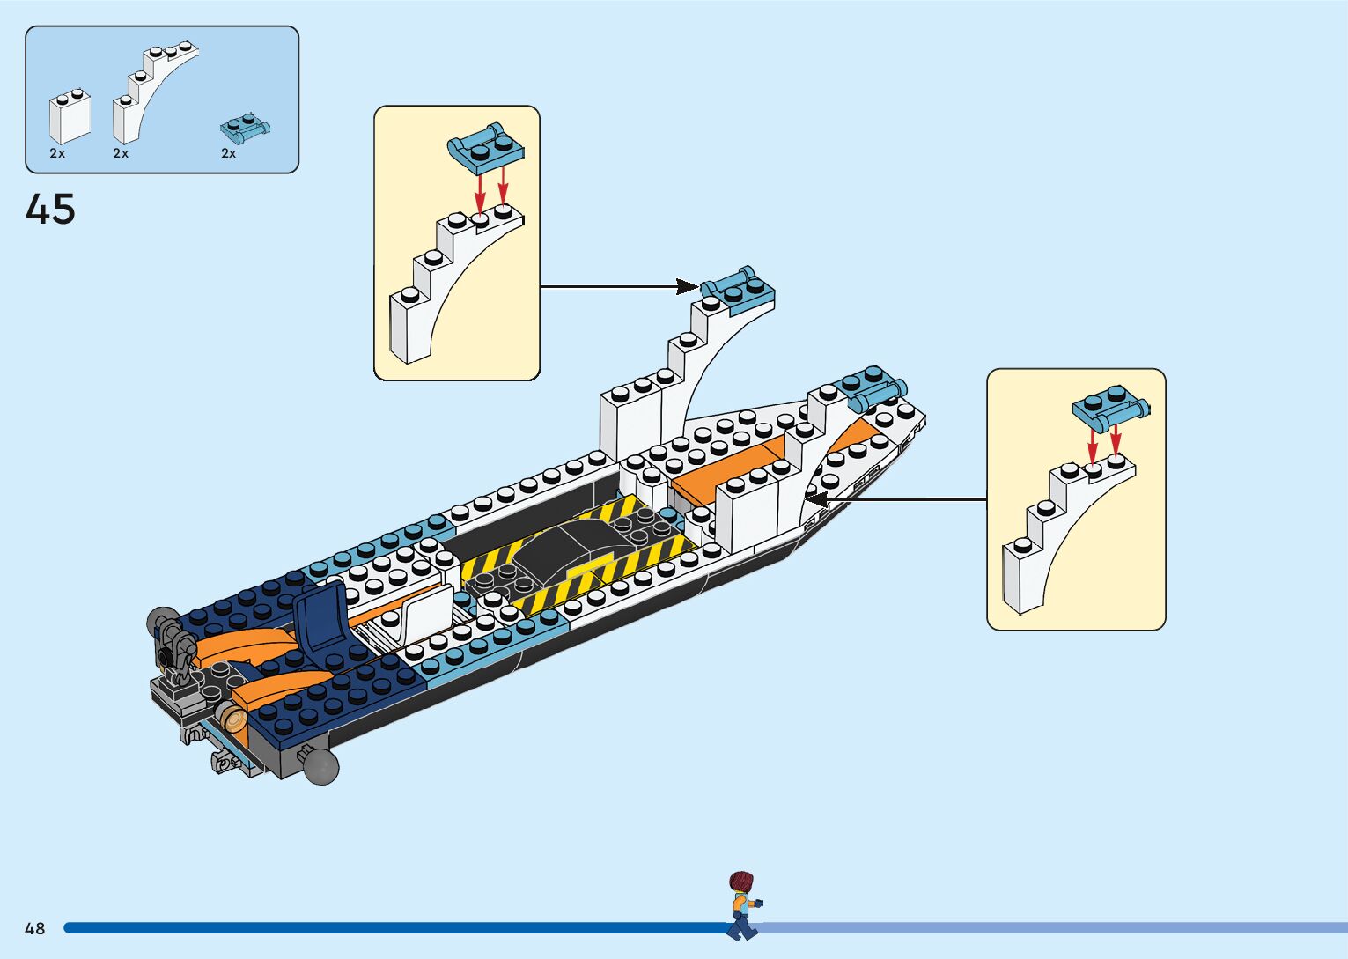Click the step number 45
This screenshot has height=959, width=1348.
click(x=50, y=210)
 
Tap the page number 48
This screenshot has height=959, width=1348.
click(x=34, y=928)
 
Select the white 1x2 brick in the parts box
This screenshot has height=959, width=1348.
click(x=70, y=116)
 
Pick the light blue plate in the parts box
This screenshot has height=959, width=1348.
click(x=244, y=129)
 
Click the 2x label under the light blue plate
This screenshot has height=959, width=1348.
click(x=228, y=153)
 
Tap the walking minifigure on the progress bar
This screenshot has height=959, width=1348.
click(x=742, y=905)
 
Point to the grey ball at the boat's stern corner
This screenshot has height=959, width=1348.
click(x=321, y=767)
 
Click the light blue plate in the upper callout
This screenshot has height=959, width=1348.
click(x=486, y=149)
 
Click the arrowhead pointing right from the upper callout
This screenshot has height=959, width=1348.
click(x=688, y=286)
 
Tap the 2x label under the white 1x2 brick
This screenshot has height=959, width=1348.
click(x=57, y=153)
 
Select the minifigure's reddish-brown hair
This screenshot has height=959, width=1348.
click(x=742, y=881)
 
